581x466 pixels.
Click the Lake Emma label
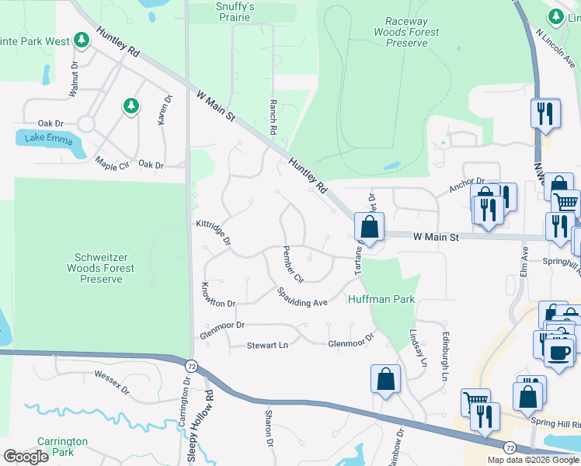48,140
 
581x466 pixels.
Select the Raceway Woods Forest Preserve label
406,33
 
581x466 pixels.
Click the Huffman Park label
381,299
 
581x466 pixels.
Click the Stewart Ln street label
267,345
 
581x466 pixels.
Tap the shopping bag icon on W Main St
370,228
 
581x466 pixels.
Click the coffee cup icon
558,352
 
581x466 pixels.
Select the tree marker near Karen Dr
130,106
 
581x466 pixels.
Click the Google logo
26,457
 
